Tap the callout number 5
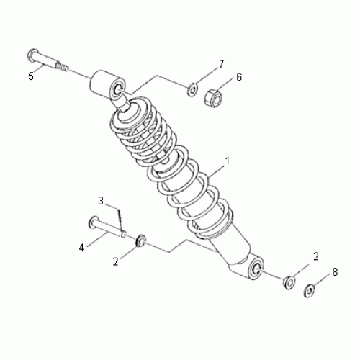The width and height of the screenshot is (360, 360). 31,76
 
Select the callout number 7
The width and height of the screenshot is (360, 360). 221,63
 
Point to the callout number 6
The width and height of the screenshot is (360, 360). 239,76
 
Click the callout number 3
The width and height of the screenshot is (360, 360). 102,199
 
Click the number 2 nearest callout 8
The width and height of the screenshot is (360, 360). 315,256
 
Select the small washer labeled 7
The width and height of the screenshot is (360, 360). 192,90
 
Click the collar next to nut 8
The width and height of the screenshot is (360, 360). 288,281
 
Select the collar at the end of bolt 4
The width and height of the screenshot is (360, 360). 142,239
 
